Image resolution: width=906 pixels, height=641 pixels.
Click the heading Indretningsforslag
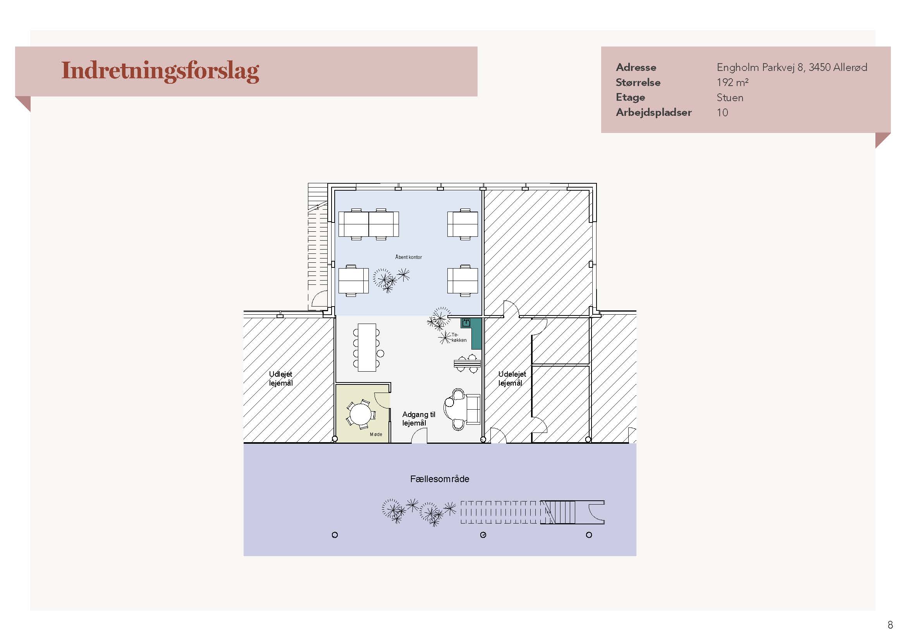pos(160,71)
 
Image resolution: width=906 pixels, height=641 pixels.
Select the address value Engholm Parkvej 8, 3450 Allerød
pos(792,67)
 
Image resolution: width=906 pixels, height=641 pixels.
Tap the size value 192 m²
pos(732,83)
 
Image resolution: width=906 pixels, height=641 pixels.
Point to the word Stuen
pos(730,98)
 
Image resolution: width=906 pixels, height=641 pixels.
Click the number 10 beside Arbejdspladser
pos(722,112)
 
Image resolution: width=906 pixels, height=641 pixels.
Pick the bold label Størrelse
pos(638,83)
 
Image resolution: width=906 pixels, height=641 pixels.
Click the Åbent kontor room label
pos(408,257)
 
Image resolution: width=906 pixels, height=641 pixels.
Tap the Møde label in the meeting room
pos(376,434)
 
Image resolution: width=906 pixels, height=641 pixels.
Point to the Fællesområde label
pos(440,479)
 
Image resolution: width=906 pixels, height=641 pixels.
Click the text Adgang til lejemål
pos(419,419)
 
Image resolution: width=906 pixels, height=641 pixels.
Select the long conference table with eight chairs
pos(367,347)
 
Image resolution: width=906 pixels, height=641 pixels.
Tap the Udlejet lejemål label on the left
pos(281,378)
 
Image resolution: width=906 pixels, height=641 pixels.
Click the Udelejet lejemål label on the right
pos(512,378)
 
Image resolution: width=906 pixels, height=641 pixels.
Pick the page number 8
pos(890,625)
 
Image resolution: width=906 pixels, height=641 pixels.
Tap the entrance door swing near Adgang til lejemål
pos(419,435)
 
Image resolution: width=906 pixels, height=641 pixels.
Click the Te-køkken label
pos(459,337)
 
